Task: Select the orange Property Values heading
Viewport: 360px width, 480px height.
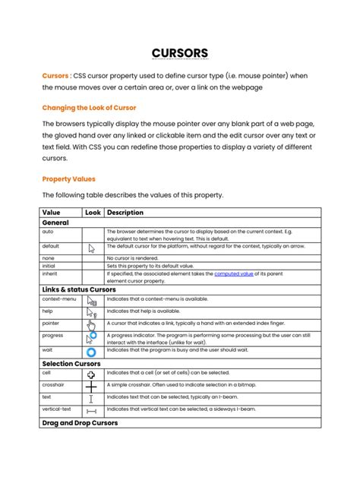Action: pyautogui.click(x=68, y=179)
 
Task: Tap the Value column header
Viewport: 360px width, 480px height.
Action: pyautogui.click(x=52, y=213)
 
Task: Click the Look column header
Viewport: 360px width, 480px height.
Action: pyautogui.click(x=93, y=213)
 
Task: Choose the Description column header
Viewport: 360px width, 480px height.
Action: pyautogui.click(x=126, y=213)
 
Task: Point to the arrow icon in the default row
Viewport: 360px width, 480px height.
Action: pyautogui.click(x=93, y=248)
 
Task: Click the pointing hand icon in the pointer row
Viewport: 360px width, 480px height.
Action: pyautogui.click(x=93, y=324)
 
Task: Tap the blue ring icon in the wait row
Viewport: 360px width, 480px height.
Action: pyautogui.click(x=92, y=352)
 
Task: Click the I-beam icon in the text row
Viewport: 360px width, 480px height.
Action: pyautogui.click(x=92, y=398)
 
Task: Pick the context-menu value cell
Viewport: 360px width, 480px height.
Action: pyautogui.click(x=58, y=299)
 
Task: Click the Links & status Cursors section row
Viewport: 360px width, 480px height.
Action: pyautogui.click(x=79, y=289)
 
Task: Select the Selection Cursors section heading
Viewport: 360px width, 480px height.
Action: pyautogui.click(x=72, y=364)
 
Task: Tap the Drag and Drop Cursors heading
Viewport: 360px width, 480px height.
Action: pyautogui.click(x=80, y=422)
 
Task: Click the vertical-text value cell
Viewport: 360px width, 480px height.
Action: pyautogui.click(x=57, y=409)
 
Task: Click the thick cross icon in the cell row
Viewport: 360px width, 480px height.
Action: pyautogui.click(x=92, y=374)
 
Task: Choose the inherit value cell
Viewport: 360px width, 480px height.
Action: pyautogui.click(x=51, y=273)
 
